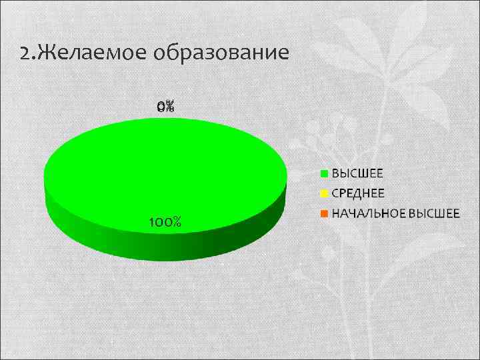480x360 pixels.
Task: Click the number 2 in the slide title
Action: coord(25,53)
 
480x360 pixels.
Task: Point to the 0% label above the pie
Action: coord(165,106)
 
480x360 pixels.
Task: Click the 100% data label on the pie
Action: coord(165,221)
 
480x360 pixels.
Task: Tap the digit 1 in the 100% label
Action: coord(151,221)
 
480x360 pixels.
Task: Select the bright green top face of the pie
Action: coord(165,170)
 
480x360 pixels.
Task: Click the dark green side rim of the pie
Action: coord(167,243)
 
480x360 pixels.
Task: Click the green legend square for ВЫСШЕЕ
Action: coord(325,173)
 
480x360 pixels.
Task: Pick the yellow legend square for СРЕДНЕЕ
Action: coord(325,194)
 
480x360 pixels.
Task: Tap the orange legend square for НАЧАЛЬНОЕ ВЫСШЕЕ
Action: coord(325,214)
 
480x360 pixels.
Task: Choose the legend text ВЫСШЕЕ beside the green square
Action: coord(357,173)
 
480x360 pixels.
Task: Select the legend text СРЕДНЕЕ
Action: coord(358,194)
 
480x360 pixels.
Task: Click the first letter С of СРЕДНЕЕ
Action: coord(335,194)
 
